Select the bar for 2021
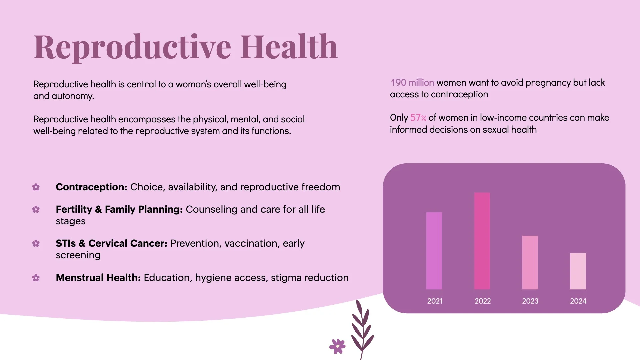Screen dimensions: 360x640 (x=434, y=251)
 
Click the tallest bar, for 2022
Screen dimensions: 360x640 (x=482, y=241)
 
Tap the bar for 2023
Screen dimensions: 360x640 (x=530, y=262)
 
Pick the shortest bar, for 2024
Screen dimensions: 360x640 (x=578, y=271)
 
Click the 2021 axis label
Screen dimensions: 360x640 (x=435, y=301)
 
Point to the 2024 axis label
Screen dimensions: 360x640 (x=578, y=301)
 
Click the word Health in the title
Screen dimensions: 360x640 (x=289, y=47)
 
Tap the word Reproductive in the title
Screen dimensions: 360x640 (x=132, y=47)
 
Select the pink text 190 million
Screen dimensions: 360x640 (x=412, y=83)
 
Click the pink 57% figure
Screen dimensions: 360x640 (x=418, y=118)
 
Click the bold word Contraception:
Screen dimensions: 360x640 (x=91, y=187)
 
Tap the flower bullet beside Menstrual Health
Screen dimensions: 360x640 (x=36, y=278)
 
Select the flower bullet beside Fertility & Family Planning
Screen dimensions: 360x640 (x=36, y=209)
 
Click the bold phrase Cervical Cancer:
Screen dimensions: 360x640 (x=128, y=243)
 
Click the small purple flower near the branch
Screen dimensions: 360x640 (x=337, y=346)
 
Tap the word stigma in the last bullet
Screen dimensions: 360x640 (x=286, y=278)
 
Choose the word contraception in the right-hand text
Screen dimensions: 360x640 (x=459, y=95)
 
